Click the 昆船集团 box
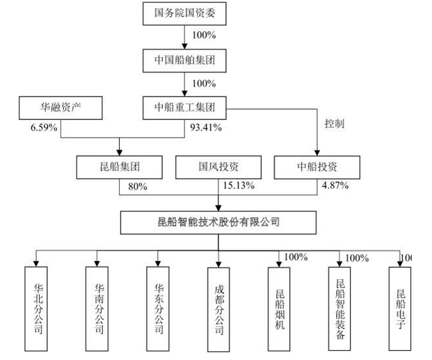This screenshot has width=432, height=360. [x=118, y=167]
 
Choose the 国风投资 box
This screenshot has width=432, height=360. [x=217, y=167]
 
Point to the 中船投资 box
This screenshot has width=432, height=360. [x=316, y=167]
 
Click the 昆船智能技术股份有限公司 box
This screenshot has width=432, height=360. [x=218, y=222]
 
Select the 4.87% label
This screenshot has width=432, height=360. [x=335, y=186]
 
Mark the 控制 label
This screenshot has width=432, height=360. [x=333, y=123]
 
